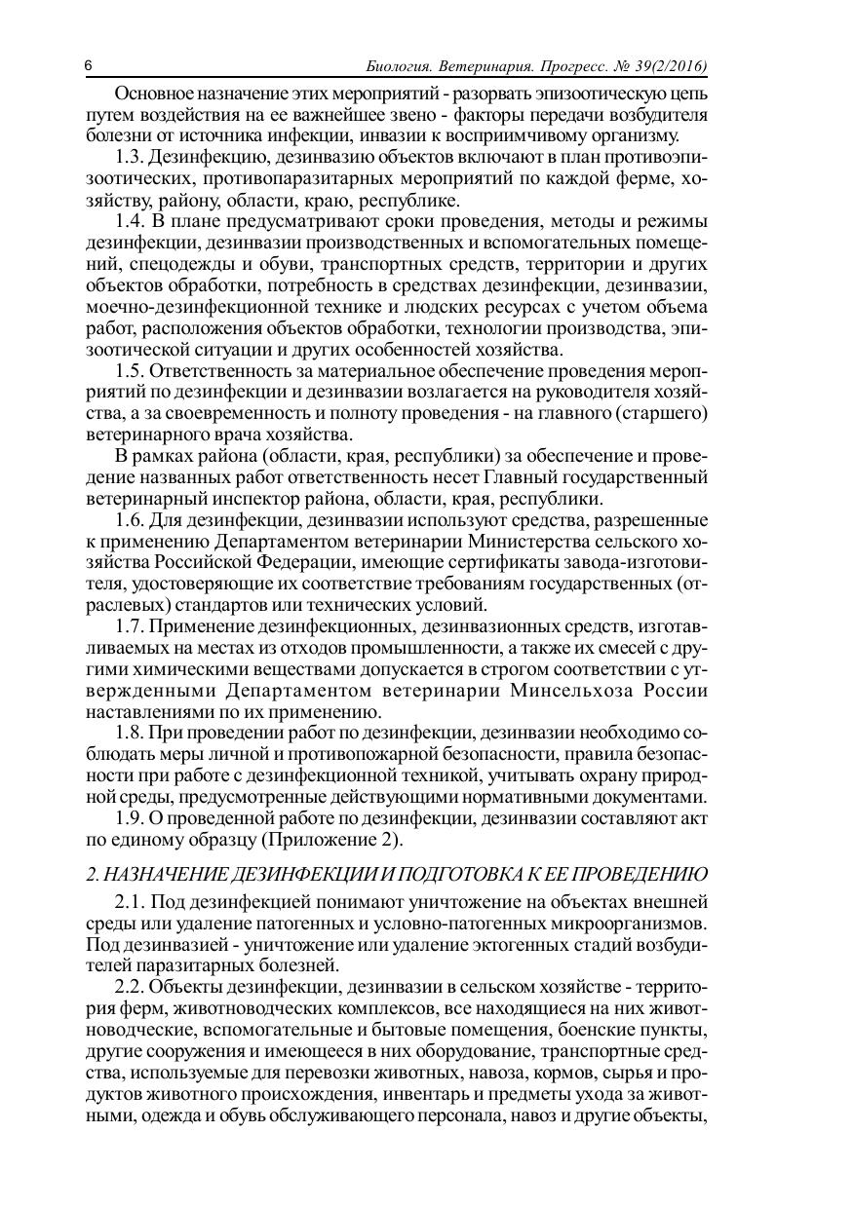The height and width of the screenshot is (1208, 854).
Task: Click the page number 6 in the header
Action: coord(89,66)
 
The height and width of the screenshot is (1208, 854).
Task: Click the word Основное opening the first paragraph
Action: coord(158,94)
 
